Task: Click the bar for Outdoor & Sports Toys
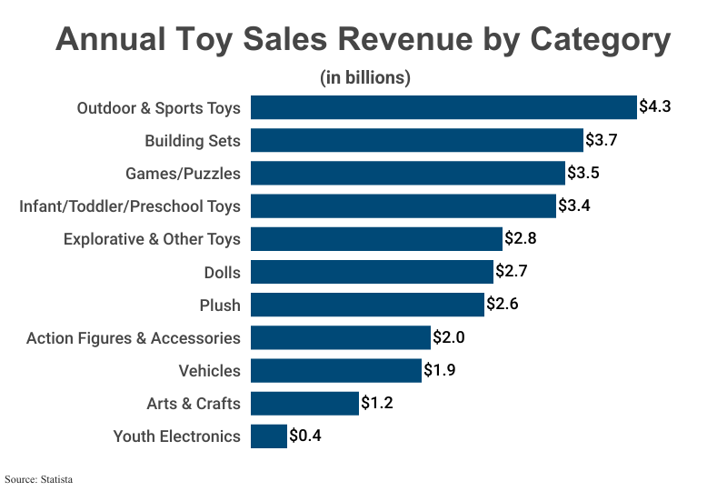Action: tap(443, 107)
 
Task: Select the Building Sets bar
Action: tap(416, 140)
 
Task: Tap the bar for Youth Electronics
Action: tap(268, 436)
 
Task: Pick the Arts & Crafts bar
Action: tap(304, 403)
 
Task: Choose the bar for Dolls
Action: tap(372, 272)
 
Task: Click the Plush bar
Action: tap(367, 305)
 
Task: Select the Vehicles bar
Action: tap(336, 370)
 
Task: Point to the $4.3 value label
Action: tap(654, 107)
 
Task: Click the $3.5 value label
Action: tap(583, 173)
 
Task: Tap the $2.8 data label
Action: tap(521, 239)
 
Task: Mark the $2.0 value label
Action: tap(449, 337)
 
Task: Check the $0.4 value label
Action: tap(305, 436)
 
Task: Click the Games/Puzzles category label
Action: tap(183, 174)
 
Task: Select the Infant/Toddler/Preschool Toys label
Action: tap(130, 206)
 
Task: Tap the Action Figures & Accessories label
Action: tap(134, 338)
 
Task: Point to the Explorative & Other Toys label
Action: tap(152, 239)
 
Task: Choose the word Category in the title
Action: tap(600, 41)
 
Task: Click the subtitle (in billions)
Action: tap(365, 78)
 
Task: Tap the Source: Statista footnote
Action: tap(38, 478)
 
